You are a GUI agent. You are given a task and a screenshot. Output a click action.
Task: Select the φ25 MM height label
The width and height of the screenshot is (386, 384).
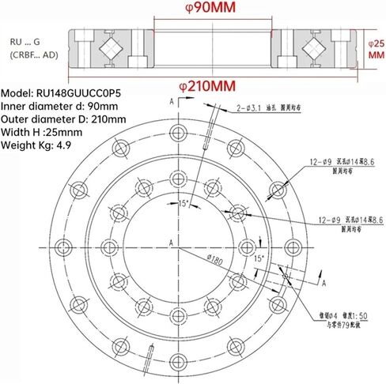coord(376,48)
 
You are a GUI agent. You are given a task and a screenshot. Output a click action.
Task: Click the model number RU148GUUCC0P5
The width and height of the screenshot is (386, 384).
coord(77,93)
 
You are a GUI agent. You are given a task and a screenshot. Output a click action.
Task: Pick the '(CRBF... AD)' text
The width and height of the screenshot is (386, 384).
coord(34,55)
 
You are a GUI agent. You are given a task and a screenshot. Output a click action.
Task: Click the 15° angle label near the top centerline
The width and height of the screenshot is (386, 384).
coord(184,204)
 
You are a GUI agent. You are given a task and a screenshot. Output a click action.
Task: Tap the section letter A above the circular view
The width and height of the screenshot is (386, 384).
coord(172,101)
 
